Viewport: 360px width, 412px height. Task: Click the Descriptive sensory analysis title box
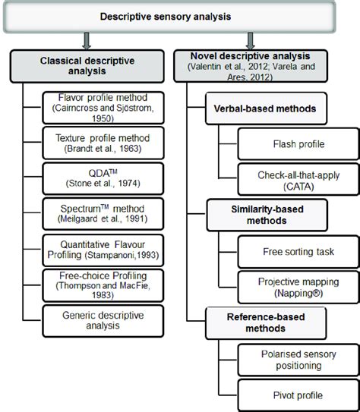pos(169,17)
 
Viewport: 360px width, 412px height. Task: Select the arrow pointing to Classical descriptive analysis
pos(87,41)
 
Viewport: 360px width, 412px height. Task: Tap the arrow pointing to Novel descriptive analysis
pos(251,41)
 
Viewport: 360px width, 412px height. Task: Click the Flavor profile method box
pos(103,108)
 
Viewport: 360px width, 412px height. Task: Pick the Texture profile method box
pos(103,143)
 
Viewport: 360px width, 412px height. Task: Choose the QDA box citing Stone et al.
pos(103,178)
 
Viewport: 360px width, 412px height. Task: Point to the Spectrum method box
pos(103,214)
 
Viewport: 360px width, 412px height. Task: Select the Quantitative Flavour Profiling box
pos(103,250)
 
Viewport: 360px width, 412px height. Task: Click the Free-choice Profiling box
pos(103,285)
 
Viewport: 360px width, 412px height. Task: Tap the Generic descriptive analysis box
pos(103,321)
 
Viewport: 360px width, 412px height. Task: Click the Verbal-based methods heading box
pos(266,109)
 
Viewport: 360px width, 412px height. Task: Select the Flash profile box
pos(298,144)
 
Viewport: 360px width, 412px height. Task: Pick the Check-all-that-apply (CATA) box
pos(298,179)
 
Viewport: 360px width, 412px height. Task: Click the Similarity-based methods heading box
pos(267,215)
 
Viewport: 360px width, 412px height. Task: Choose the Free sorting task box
pos(298,252)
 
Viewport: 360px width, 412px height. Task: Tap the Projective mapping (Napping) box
pos(298,288)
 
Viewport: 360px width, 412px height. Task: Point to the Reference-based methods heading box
pos(266,323)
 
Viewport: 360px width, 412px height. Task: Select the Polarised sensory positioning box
pos(298,360)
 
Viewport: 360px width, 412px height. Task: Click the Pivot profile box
pos(298,395)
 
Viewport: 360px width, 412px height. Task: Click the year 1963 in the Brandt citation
pos(128,149)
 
